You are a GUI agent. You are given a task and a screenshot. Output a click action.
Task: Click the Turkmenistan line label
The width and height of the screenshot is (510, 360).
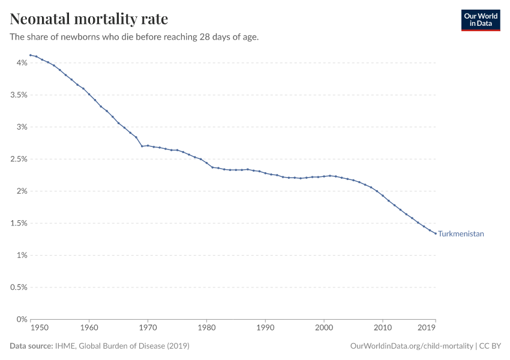461,234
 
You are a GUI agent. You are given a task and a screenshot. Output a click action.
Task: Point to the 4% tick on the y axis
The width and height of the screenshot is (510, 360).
21,63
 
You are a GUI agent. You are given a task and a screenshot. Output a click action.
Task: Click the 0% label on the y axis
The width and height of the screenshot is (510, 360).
21,319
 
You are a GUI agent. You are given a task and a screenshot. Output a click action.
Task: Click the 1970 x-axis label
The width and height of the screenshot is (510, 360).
148,328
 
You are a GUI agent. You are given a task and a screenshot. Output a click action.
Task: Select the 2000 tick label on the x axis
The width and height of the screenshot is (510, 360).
324,328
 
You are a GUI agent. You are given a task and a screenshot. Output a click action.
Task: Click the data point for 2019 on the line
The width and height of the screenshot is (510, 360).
436,233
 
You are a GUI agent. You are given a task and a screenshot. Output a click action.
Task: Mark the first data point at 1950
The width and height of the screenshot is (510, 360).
31,55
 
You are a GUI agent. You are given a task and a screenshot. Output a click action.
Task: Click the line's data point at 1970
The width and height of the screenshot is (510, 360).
148,146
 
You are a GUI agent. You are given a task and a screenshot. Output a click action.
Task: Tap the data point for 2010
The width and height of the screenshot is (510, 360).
383,196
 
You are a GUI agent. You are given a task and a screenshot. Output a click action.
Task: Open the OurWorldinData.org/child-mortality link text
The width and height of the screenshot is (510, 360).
411,346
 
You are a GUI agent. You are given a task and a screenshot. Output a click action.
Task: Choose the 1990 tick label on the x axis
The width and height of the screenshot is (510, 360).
265,328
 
